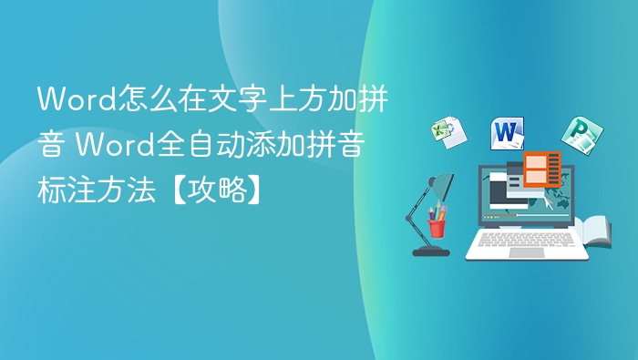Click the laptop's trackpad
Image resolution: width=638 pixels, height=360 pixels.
click(x=526, y=252)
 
